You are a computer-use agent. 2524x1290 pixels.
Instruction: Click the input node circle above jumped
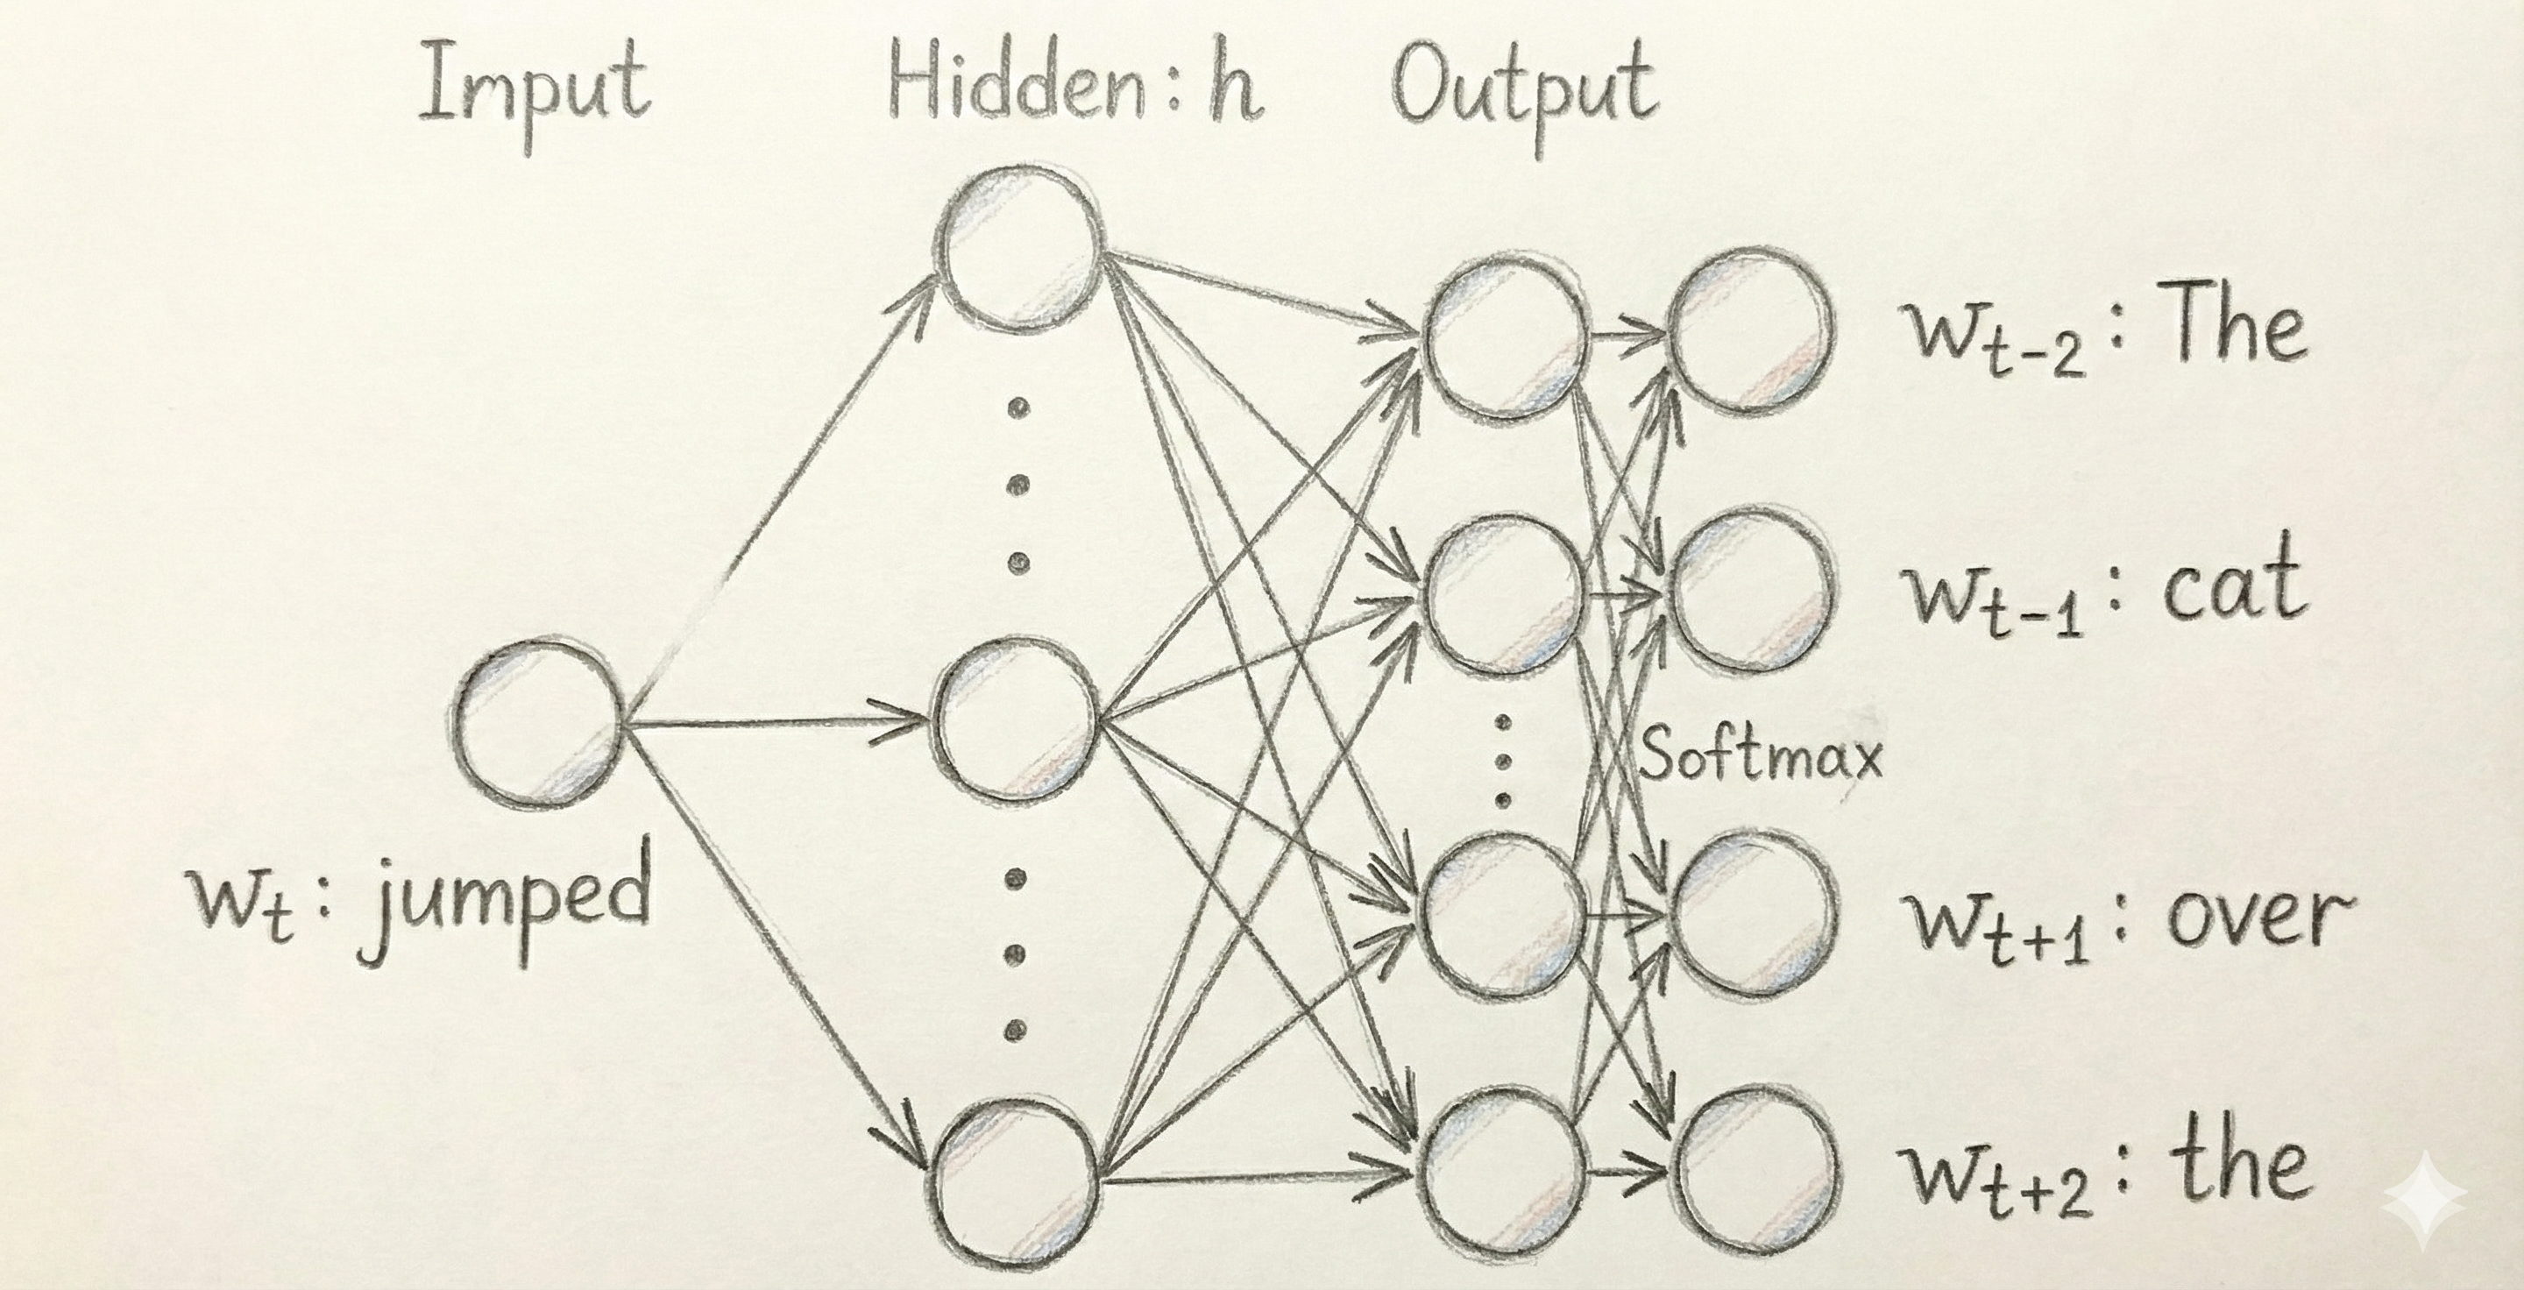point(540,726)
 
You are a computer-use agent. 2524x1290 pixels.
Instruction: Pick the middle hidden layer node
point(1015,723)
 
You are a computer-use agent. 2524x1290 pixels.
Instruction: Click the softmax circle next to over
point(1750,916)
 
